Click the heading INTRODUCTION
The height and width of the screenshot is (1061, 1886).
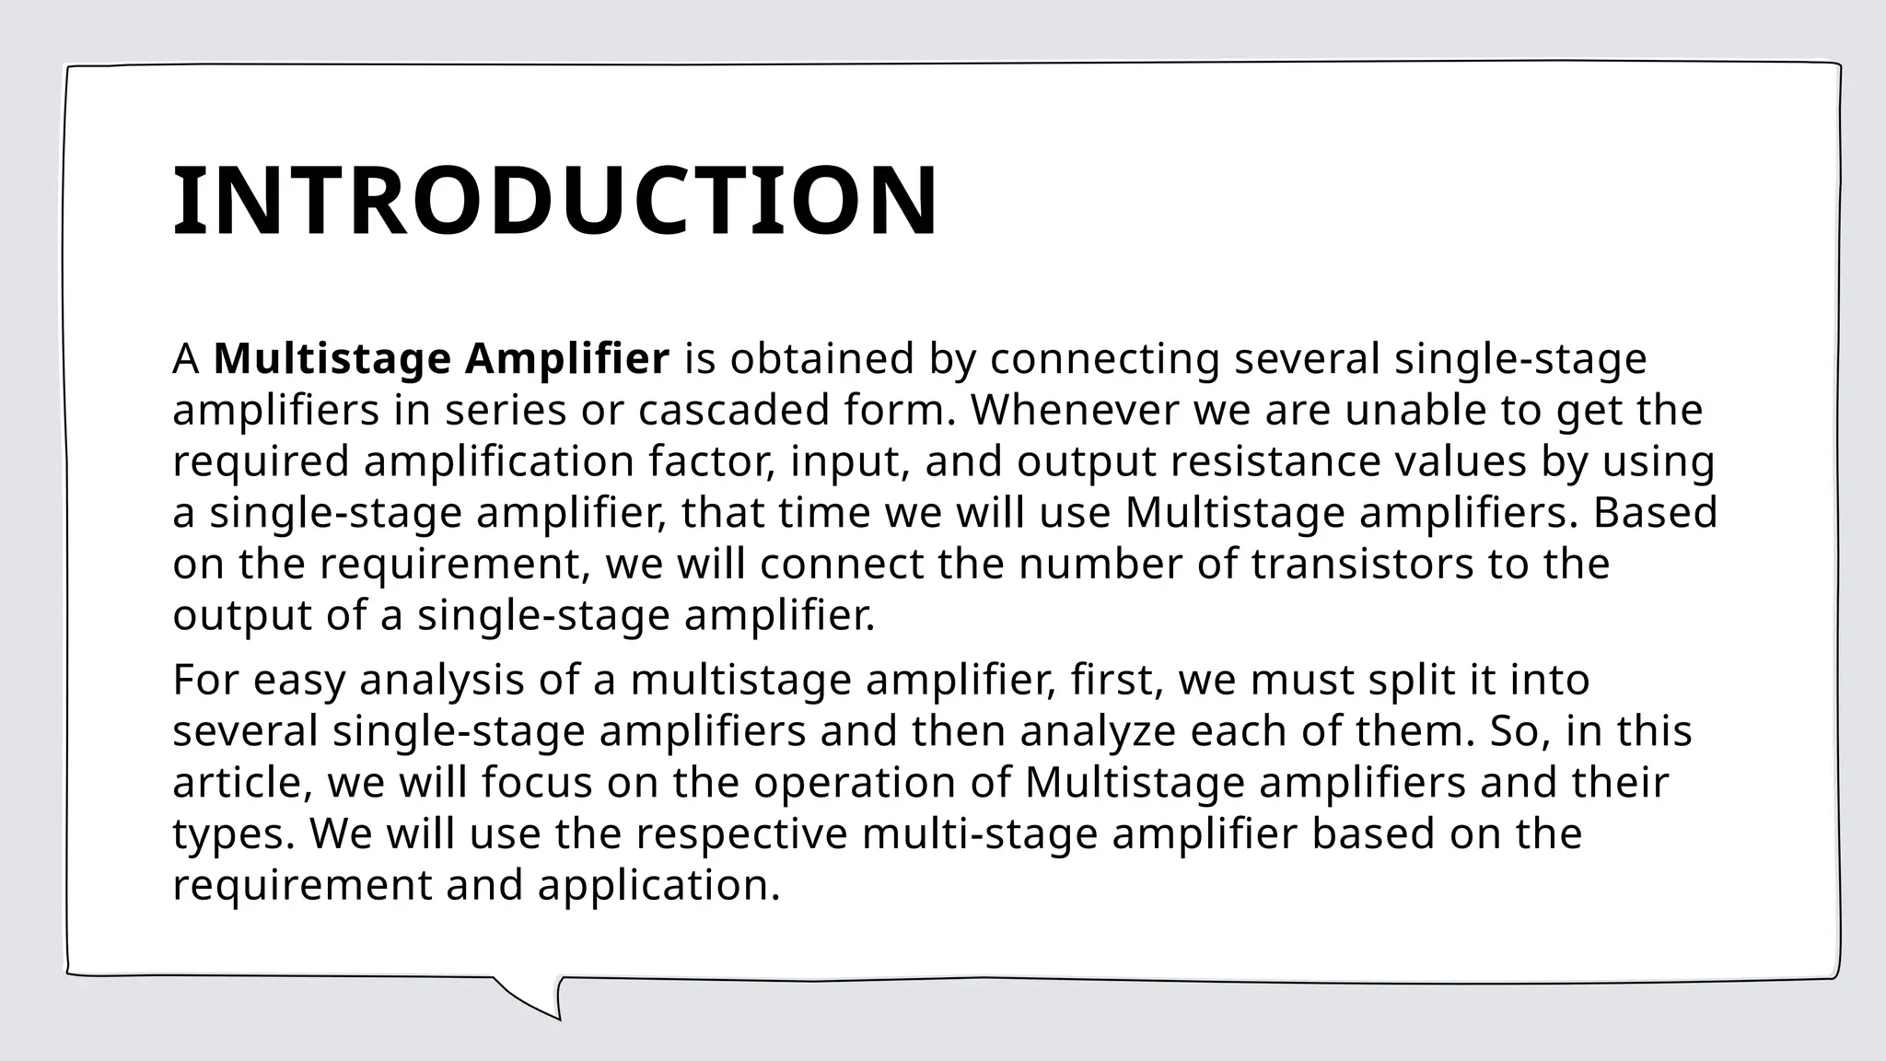coord(555,201)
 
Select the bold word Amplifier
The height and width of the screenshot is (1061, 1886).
coord(566,359)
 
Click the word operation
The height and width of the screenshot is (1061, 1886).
coord(854,784)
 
